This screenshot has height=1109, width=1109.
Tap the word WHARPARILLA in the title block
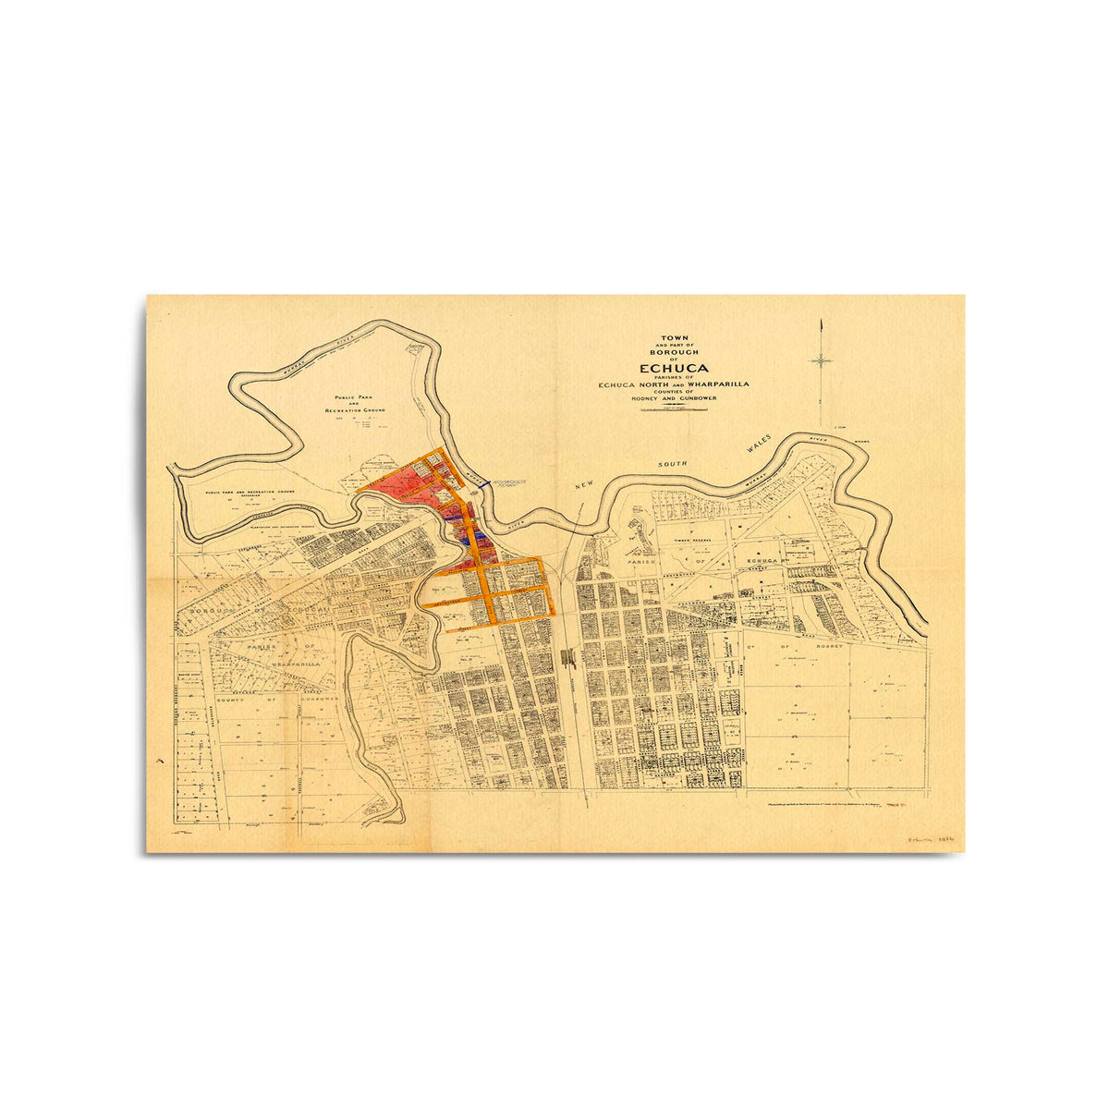coord(716,384)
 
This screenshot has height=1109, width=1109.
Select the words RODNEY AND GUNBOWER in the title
coord(674,398)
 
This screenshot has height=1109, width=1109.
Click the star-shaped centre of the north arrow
coord(821,360)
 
